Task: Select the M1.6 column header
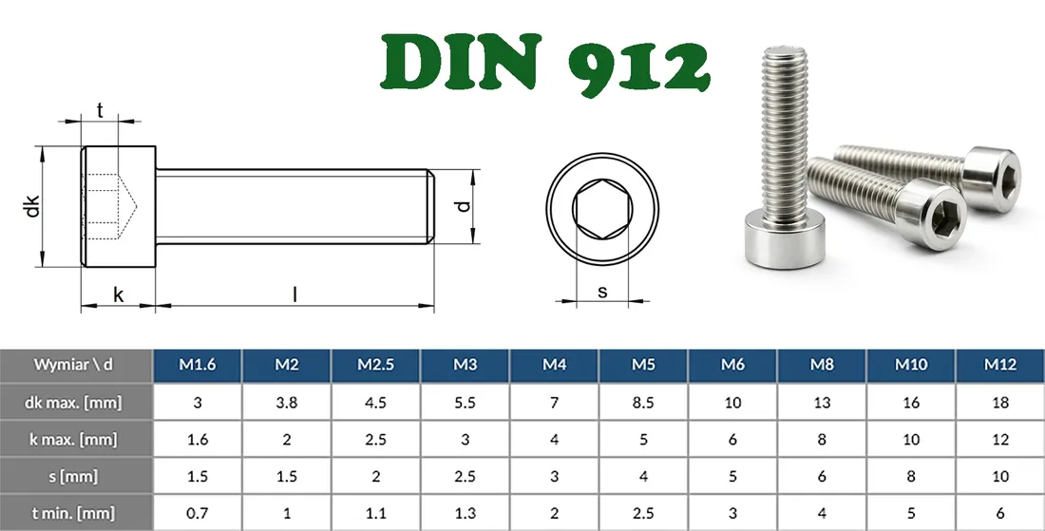coord(198,365)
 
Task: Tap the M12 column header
coord(999,365)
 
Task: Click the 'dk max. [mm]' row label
coord(76,402)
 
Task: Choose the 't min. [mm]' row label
coord(76,513)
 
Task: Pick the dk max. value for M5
coord(643,402)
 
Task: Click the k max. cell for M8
coord(822,439)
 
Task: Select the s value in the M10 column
coord(911,476)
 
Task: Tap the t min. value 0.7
coord(198,513)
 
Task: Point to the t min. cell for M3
coord(465,513)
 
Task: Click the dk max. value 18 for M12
coord(999,402)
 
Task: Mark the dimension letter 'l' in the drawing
coord(294,294)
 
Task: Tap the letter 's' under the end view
coord(602,292)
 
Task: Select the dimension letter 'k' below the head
coord(118,294)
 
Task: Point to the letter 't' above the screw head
coord(99,110)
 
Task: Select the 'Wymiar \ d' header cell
coord(76,365)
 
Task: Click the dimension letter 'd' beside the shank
coord(462,206)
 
